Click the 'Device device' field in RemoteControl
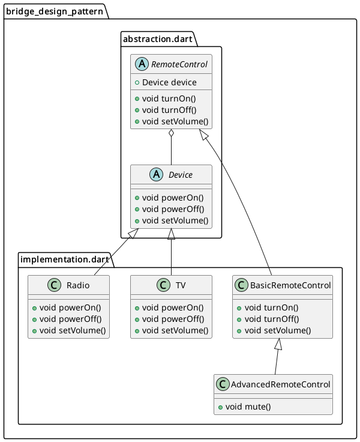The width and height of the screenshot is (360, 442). [169, 82]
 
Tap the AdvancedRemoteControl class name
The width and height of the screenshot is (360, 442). [280, 384]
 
